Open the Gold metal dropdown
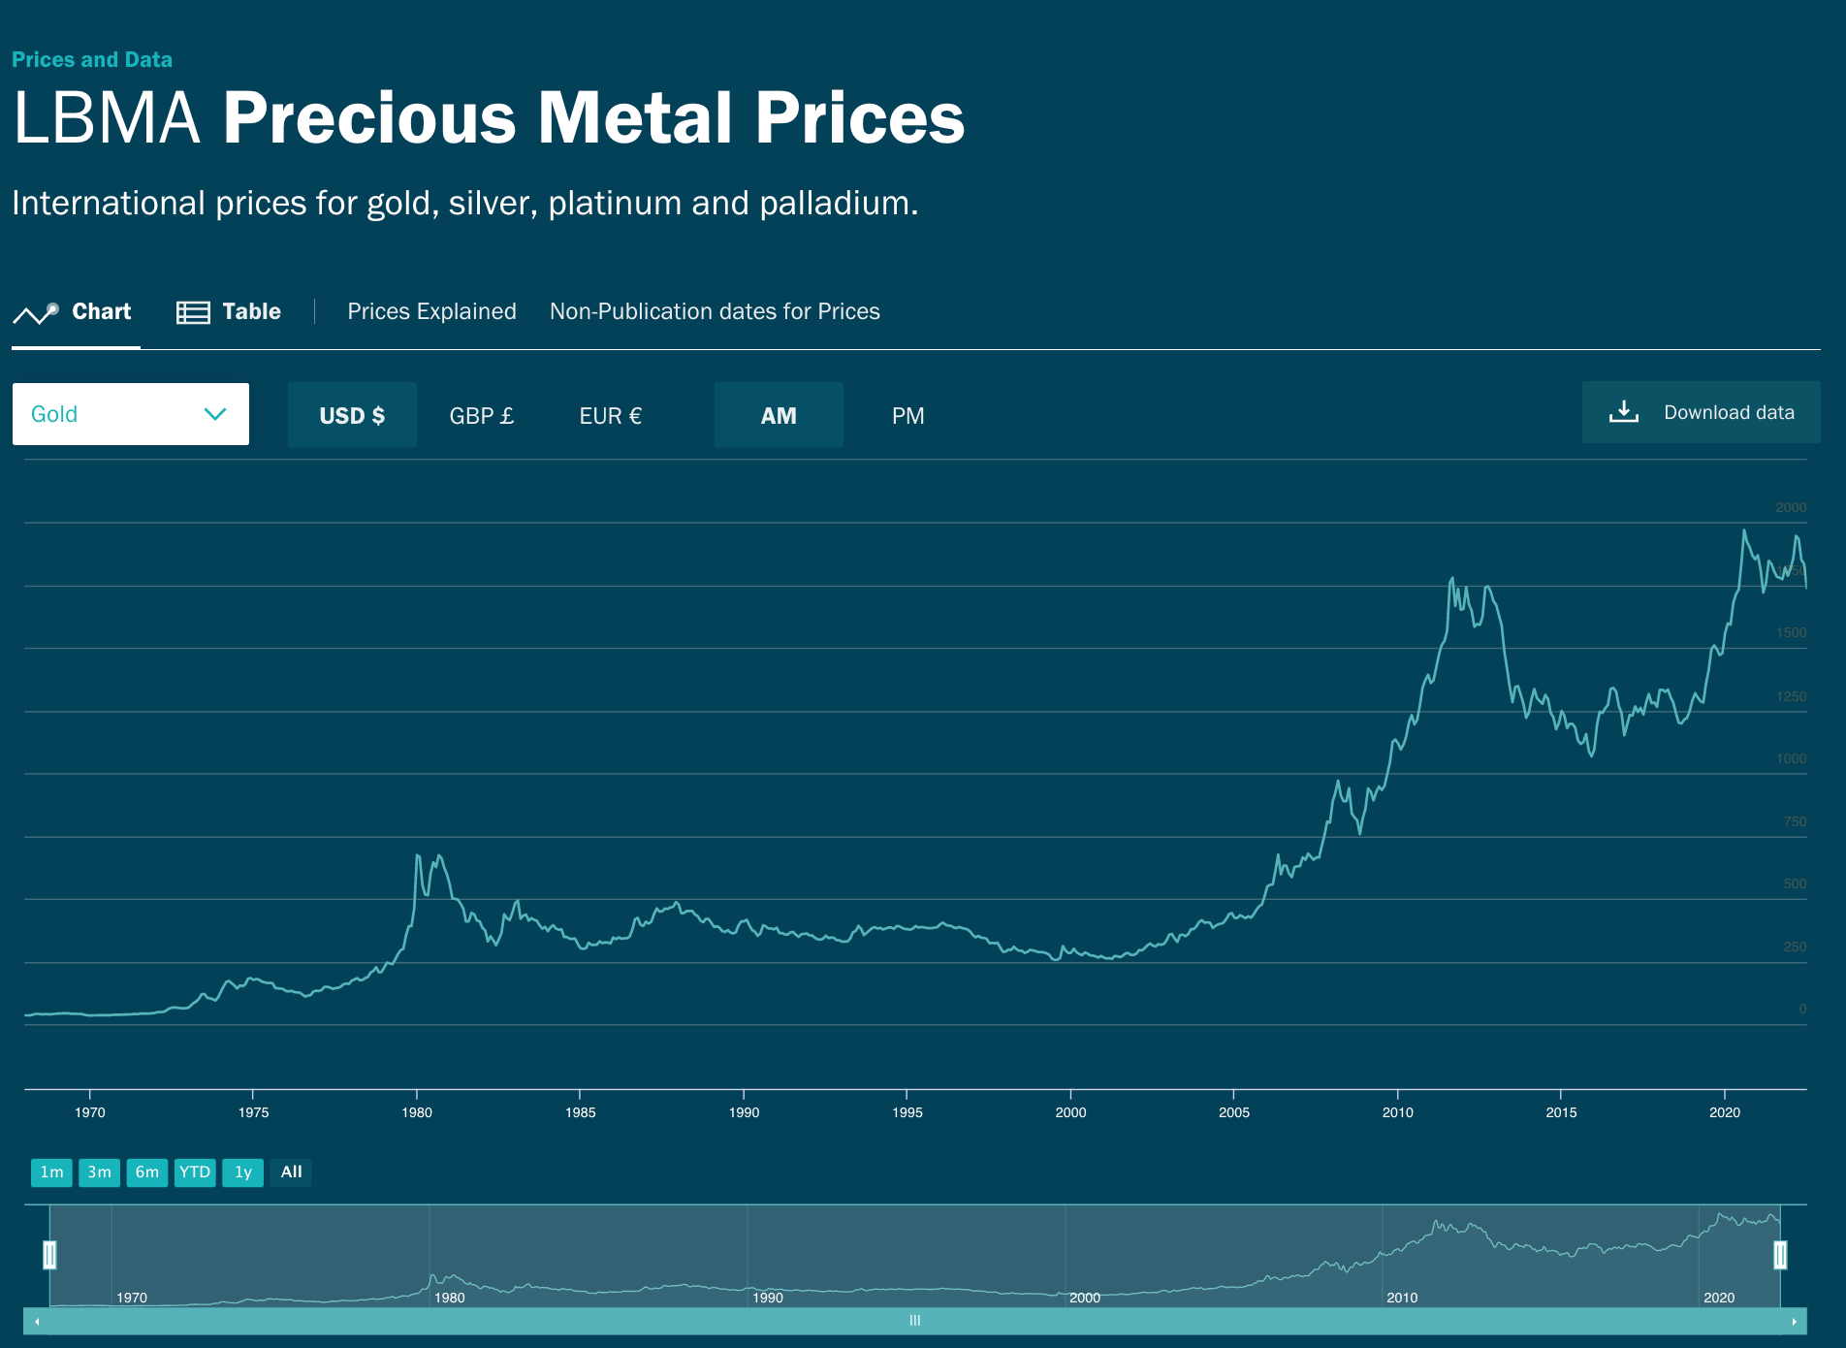pos(130,414)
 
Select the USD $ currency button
pos(352,415)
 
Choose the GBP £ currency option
pos(481,415)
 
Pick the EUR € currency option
pos(610,415)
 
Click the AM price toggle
pos(779,415)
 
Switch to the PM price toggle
pos(907,415)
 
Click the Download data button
pos(1701,412)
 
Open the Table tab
pos(229,311)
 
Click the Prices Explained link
pos(431,311)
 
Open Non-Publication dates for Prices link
pos(715,311)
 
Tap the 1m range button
pos(51,1172)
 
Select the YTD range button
pos(195,1172)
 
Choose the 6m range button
pos(147,1172)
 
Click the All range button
pos(291,1172)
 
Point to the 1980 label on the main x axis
pos(417,1112)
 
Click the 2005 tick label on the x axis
pos(1234,1112)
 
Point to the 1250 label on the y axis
pos(1791,696)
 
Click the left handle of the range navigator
pos(49,1255)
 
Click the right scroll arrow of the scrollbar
pos(1794,1321)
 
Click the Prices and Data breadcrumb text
pos(92,59)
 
